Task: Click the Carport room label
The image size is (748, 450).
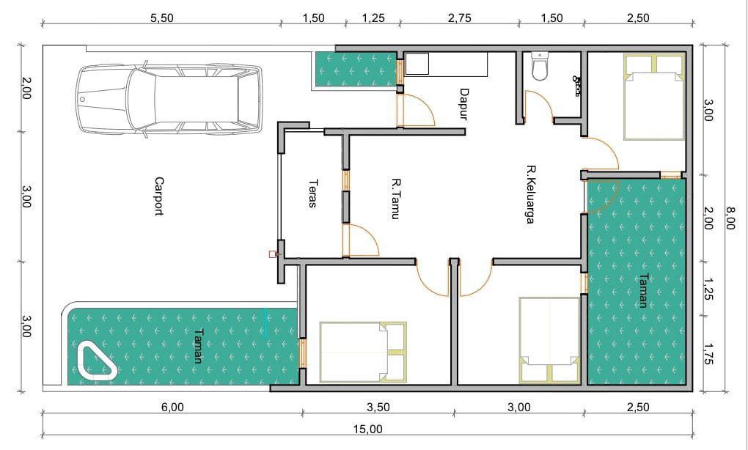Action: pos(159,196)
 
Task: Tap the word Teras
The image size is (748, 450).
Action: pos(313,193)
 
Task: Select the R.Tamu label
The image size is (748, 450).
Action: pos(395,199)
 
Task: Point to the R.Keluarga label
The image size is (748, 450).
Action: pos(530,194)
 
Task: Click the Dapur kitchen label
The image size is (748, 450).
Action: pos(464,104)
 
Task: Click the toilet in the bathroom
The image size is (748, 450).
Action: pos(540,66)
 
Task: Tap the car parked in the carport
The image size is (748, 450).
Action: pos(169,99)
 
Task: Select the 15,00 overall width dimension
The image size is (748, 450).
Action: pos(368,429)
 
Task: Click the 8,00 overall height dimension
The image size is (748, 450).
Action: pos(730,218)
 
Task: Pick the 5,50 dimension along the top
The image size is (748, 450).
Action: pos(162,18)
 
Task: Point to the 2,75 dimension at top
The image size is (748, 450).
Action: pos(459,18)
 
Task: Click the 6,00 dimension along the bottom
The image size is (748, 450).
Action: pos(172,407)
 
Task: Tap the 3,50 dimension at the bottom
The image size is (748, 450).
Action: pos(378,407)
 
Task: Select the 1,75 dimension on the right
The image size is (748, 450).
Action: pos(708,354)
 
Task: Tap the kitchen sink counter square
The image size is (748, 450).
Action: pos(417,64)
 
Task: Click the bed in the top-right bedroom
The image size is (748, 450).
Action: pos(653,97)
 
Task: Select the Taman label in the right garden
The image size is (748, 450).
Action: pos(643,290)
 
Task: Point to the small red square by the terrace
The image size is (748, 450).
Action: pos(272,254)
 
